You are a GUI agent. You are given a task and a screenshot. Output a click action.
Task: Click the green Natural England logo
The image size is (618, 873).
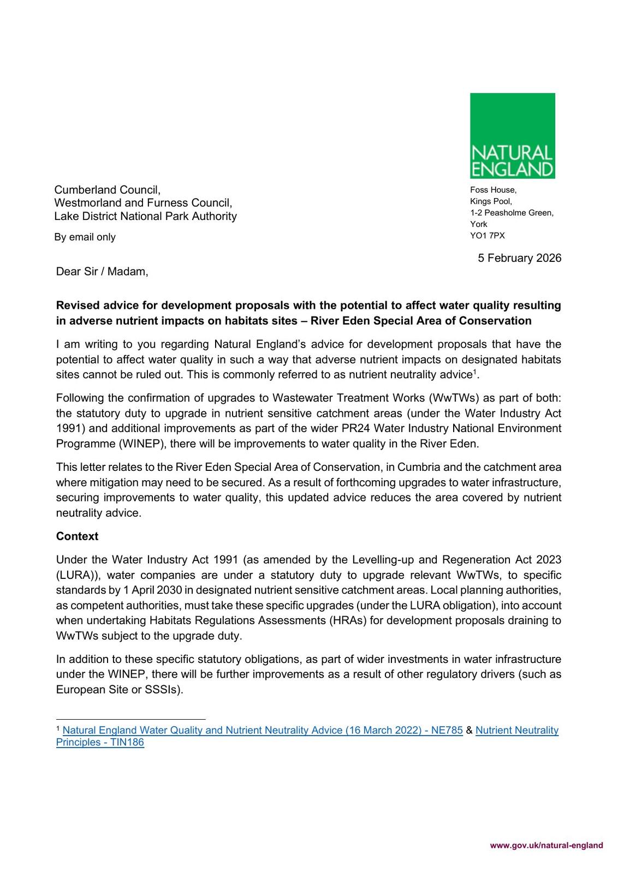(x=512, y=135)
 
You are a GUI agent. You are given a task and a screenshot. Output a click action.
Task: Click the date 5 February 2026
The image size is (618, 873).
(x=519, y=258)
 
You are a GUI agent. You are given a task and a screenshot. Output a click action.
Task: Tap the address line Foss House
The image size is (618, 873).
(x=493, y=190)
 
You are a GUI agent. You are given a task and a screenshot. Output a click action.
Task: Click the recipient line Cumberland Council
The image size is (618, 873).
(x=107, y=190)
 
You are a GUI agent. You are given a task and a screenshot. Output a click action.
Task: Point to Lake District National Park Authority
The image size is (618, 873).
(x=145, y=216)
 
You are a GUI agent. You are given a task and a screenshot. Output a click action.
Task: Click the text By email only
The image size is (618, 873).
(x=85, y=237)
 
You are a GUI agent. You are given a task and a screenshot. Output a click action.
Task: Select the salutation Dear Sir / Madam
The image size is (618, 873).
(x=102, y=271)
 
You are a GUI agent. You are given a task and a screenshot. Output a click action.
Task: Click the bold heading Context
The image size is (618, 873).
(x=77, y=536)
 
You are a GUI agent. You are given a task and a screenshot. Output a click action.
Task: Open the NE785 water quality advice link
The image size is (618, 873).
(x=263, y=730)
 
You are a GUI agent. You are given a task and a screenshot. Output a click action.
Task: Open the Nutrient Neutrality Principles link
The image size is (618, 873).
(x=516, y=730)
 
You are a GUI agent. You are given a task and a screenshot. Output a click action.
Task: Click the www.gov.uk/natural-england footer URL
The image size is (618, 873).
(x=546, y=845)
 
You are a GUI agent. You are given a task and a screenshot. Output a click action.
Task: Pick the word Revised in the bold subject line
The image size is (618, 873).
(x=77, y=305)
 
